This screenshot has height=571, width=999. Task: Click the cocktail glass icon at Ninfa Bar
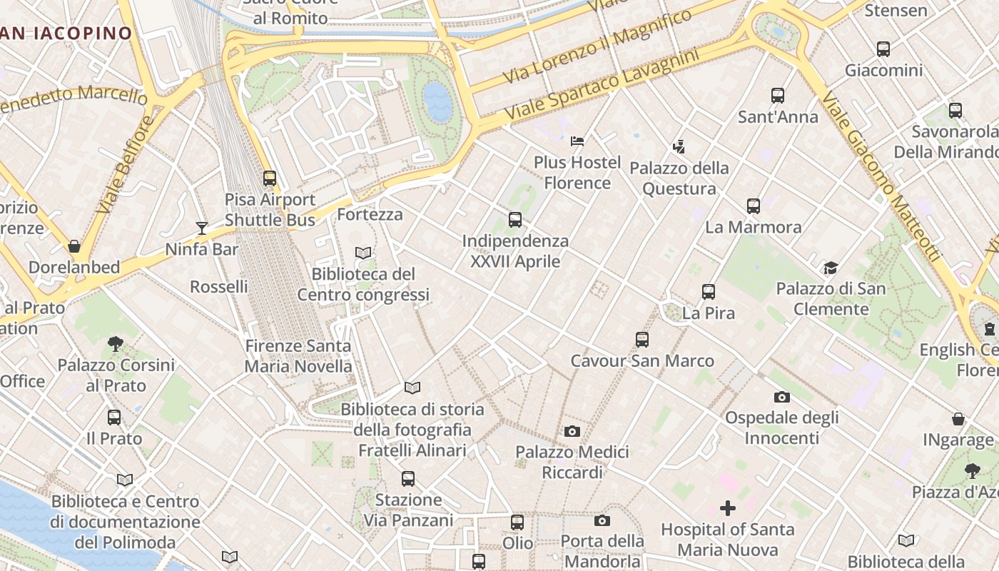[202, 228]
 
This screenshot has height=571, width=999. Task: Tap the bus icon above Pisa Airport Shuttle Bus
[269, 178]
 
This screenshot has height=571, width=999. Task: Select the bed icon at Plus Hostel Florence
[577, 141]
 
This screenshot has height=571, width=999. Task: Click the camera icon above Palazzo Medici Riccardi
[572, 431]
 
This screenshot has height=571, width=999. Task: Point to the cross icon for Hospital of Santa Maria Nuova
[727, 508]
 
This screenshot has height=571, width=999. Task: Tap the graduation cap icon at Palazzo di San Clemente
[831, 268]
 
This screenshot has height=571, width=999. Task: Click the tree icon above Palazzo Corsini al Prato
[116, 344]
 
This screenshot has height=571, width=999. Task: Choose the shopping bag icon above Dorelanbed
[73, 246]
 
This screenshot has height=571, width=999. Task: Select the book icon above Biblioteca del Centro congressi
[363, 253]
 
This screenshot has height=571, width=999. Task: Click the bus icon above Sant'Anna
[778, 96]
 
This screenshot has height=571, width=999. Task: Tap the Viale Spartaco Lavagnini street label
[602, 85]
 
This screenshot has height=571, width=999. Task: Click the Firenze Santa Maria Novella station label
[298, 356]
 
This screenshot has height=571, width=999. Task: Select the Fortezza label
[370, 214]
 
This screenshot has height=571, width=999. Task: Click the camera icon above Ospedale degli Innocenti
[781, 397]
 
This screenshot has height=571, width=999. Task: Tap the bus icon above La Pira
[708, 292]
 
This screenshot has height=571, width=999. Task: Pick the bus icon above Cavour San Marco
[642, 340]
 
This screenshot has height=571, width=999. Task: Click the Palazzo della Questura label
[679, 178]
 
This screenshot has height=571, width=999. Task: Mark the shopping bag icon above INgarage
[958, 419]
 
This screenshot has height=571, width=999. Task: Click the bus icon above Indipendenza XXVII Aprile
[515, 220]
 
